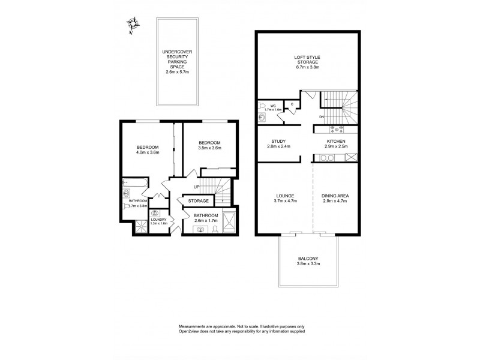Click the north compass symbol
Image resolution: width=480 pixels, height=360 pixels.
133,25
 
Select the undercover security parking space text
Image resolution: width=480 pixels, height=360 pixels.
177,62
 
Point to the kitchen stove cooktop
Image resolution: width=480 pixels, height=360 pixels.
335,128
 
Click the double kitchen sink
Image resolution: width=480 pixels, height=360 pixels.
328,158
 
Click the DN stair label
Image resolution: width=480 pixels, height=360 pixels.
322,116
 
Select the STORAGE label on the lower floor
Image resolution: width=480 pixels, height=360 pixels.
199,201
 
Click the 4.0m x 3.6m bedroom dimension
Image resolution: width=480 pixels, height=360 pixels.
148,153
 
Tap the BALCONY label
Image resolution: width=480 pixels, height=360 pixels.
310,259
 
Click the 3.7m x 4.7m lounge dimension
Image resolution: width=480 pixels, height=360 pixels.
285,201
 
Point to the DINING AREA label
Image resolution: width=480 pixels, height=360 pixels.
335,196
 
